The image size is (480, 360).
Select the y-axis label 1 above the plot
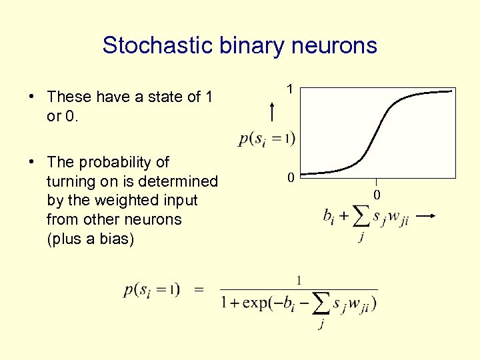[289, 88]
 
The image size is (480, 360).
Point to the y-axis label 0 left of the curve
[290, 177]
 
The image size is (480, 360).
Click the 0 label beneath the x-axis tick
[376, 195]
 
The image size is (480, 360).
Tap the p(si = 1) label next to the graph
[267, 139]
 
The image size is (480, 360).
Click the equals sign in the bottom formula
[199, 289]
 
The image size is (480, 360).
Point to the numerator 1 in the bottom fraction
[299, 279]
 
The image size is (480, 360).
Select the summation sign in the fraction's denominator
[321, 303]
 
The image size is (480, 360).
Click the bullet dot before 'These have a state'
[32, 97]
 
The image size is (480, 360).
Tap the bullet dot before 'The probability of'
[32, 162]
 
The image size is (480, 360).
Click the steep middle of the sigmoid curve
[378, 133]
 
